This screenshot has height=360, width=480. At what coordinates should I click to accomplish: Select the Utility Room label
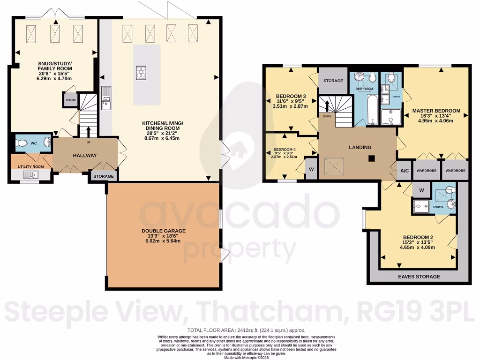coord(30,166)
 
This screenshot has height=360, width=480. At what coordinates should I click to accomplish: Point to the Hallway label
coord(85,156)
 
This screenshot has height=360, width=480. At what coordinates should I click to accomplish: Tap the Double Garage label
coord(164,231)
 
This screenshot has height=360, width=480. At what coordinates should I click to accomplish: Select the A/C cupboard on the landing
coord(404,171)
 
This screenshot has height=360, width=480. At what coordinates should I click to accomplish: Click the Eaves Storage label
coord(420,277)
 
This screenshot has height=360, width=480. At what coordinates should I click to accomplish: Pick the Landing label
coord(360,147)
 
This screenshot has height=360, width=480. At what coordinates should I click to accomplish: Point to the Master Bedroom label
coord(436,111)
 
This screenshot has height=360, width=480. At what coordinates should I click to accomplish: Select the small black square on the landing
coord(371,158)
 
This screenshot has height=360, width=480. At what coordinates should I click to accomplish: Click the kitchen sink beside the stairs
coord(106,97)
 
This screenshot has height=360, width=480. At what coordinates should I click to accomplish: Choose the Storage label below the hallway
coord(104,176)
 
